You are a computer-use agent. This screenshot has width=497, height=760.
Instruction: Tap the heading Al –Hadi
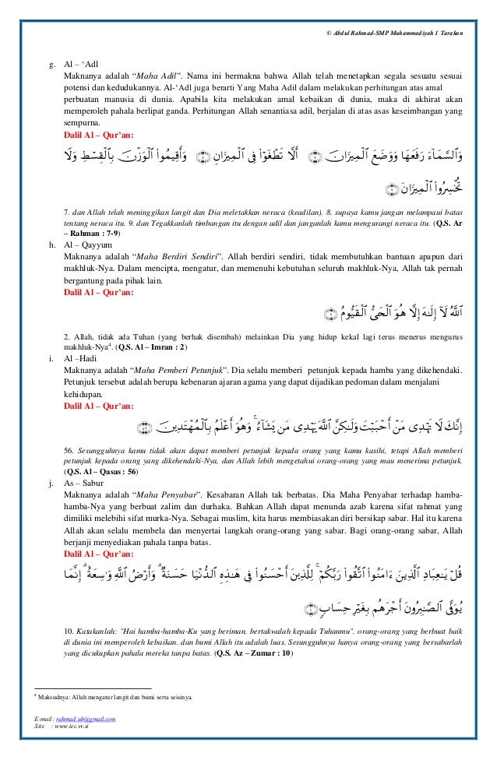(82, 357)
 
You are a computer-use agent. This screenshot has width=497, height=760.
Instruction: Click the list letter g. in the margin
(51, 64)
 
